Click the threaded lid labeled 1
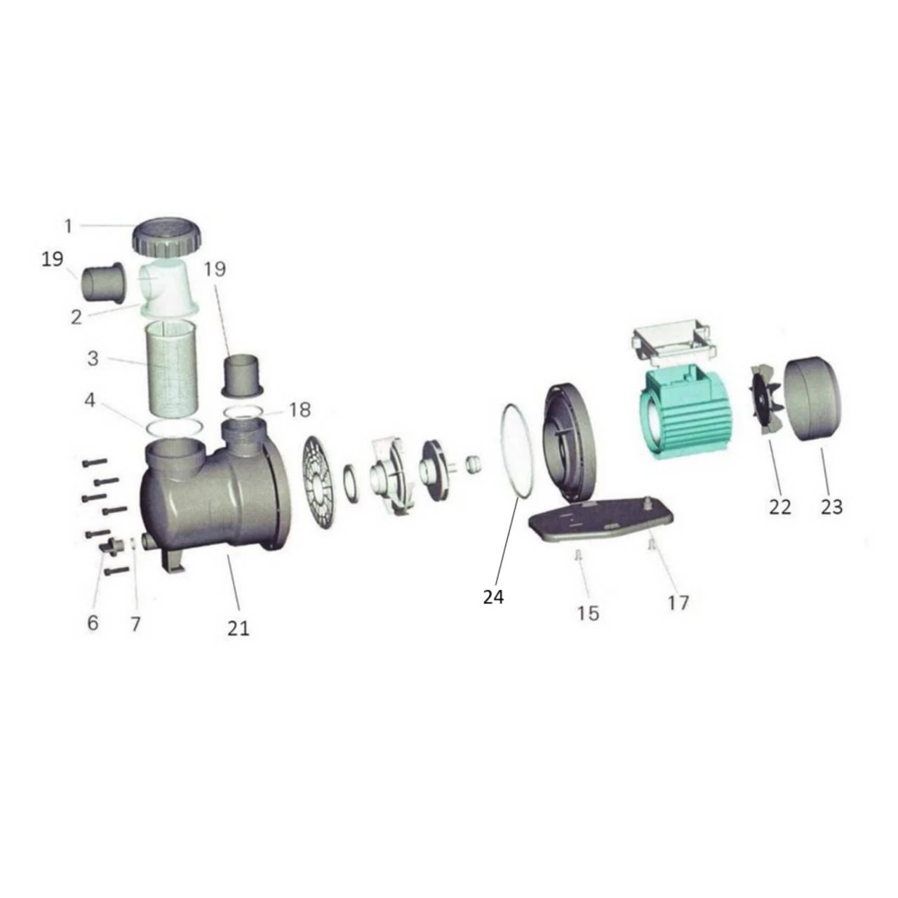pyautogui.click(x=166, y=237)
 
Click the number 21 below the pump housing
pyautogui.click(x=238, y=628)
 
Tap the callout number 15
pyautogui.click(x=588, y=613)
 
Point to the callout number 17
pyautogui.click(x=678, y=603)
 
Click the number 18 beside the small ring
pyautogui.click(x=300, y=410)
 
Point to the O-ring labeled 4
pyautogui.click(x=175, y=427)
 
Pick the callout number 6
pyautogui.click(x=93, y=622)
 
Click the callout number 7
pyautogui.click(x=135, y=623)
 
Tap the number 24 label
pyautogui.click(x=493, y=597)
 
